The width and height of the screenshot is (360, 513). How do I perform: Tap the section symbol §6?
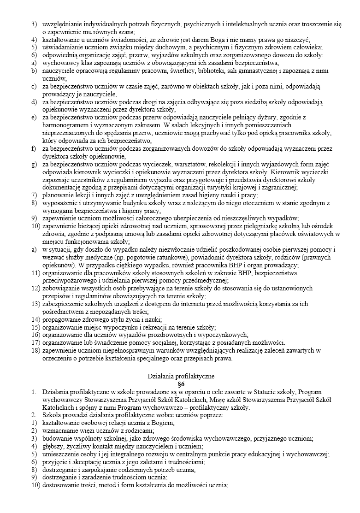pos(180,383)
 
